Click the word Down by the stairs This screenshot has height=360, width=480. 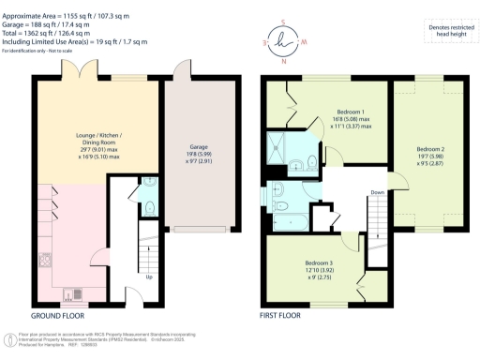pyautogui.click(x=378, y=193)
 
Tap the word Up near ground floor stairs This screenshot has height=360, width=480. pyautogui.click(x=148, y=277)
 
